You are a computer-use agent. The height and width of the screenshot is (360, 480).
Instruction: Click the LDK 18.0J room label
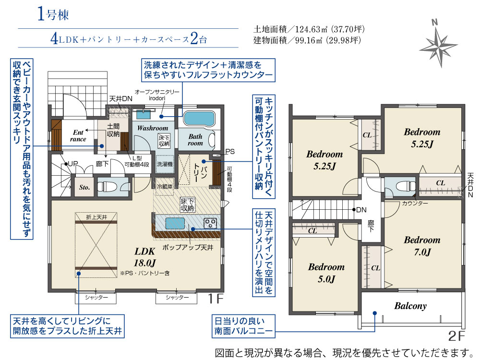click(x=145, y=257)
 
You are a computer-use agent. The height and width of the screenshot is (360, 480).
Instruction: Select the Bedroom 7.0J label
click(x=422, y=246)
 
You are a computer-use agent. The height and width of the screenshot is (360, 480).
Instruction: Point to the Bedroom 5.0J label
click(x=326, y=273)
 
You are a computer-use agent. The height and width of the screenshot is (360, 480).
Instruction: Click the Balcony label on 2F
click(x=410, y=306)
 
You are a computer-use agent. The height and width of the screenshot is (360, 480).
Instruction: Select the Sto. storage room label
click(x=84, y=187)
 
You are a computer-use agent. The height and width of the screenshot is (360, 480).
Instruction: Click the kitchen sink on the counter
click(x=175, y=224)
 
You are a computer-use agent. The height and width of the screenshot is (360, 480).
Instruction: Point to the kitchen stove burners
click(x=210, y=223)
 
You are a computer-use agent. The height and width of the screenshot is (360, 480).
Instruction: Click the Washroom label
click(x=153, y=128)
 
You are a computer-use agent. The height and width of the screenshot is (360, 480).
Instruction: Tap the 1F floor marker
click(x=216, y=298)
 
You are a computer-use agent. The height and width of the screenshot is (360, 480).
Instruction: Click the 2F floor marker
click(x=456, y=336)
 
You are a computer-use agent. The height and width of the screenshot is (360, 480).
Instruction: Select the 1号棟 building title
click(x=53, y=14)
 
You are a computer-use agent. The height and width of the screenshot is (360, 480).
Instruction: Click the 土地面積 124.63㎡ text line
click(x=309, y=29)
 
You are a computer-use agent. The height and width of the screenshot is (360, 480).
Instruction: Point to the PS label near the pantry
click(x=230, y=152)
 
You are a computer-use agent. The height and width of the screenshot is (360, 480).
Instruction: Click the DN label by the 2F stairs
click(x=361, y=210)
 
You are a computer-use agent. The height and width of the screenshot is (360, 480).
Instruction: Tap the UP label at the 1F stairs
click(x=73, y=164)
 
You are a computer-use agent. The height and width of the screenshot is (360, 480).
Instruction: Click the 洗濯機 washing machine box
click(x=165, y=164)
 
